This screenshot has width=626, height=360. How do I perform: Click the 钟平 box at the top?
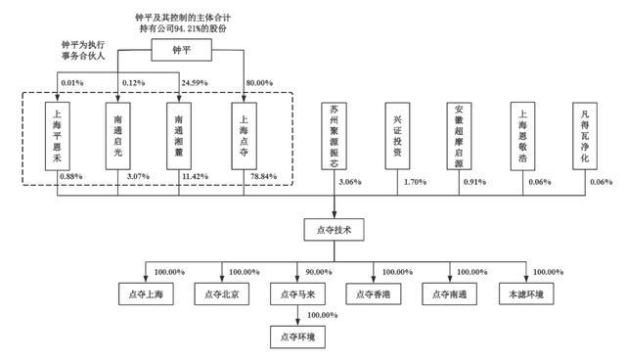[x=181, y=50]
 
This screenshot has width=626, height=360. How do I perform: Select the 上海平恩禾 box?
[x=57, y=136]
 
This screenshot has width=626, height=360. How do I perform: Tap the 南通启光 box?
[x=117, y=136]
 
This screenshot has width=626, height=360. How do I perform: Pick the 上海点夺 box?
[x=244, y=136]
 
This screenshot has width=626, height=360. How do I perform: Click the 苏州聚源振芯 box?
[x=335, y=136]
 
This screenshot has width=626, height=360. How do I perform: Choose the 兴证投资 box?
[x=397, y=136]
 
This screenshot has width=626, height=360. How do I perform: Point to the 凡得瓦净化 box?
[x=585, y=136]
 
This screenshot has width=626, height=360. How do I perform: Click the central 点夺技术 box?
[x=334, y=230]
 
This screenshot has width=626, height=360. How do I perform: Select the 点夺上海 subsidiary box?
[x=146, y=294]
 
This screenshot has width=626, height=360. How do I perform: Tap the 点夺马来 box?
[x=297, y=294]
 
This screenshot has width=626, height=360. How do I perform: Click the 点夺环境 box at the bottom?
[x=297, y=337]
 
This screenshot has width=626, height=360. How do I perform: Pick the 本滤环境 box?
[x=526, y=294]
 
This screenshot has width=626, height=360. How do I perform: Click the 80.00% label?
[x=259, y=83]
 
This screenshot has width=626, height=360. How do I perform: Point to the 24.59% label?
[x=195, y=83]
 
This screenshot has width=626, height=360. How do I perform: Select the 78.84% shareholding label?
[x=263, y=176]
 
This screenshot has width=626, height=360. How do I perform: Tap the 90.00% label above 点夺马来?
[x=319, y=272]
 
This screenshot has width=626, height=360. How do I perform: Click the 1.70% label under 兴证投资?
[x=415, y=182]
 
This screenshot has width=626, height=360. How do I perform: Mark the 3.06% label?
[x=350, y=182]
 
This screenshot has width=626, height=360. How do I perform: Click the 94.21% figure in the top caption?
[x=187, y=28]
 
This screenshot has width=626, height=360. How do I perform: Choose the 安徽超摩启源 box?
[x=459, y=136]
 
